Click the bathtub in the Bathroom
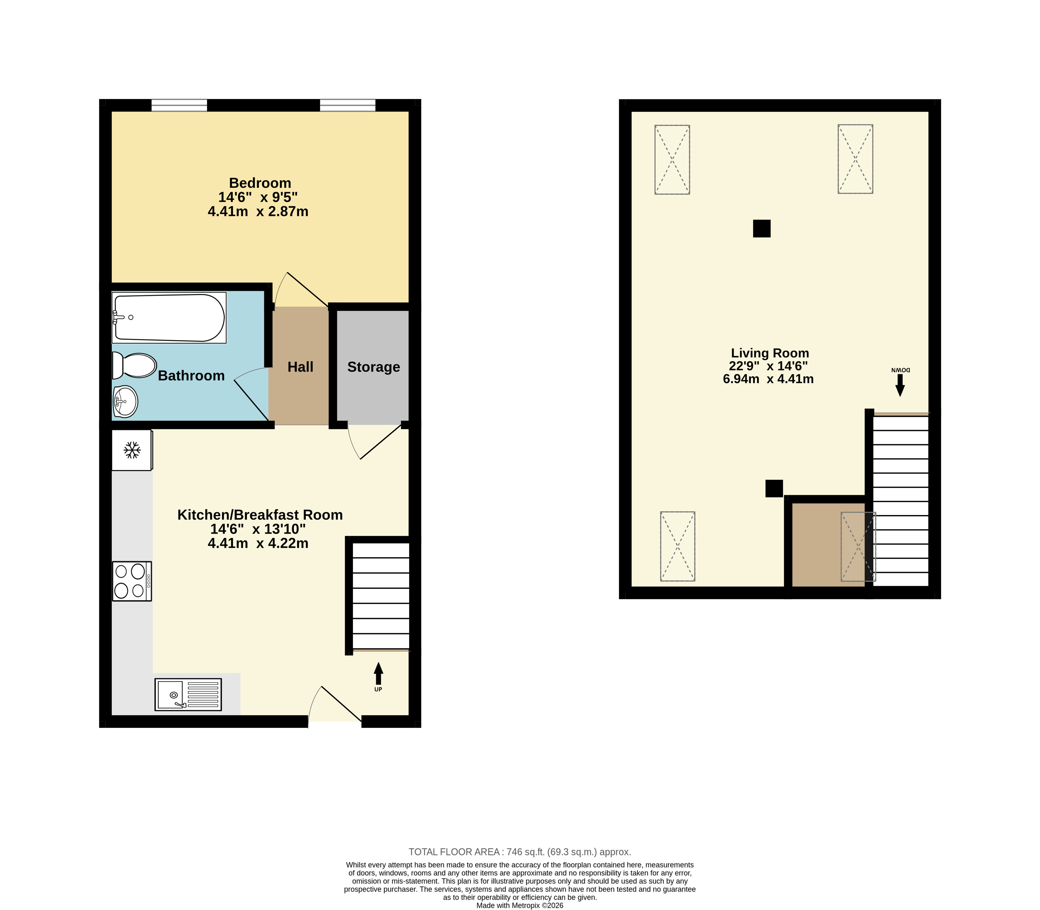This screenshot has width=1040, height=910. (x=169, y=318)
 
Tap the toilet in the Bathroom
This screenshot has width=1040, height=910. (x=134, y=365)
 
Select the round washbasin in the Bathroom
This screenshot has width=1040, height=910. (x=125, y=401)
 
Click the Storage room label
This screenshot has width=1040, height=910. (x=374, y=367)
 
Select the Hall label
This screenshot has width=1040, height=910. (x=300, y=367)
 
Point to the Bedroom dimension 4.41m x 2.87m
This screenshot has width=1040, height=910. (x=258, y=211)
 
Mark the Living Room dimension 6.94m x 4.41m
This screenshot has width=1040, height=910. (x=768, y=379)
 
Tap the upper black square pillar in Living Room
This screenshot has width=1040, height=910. (x=762, y=228)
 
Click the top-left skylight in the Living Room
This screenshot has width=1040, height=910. (x=672, y=159)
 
